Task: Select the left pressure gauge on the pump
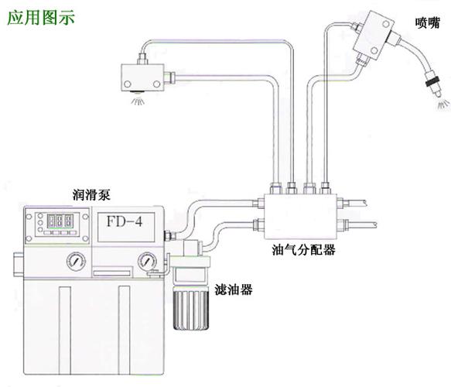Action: (x=74, y=262)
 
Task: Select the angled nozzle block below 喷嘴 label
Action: (x=371, y=38)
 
